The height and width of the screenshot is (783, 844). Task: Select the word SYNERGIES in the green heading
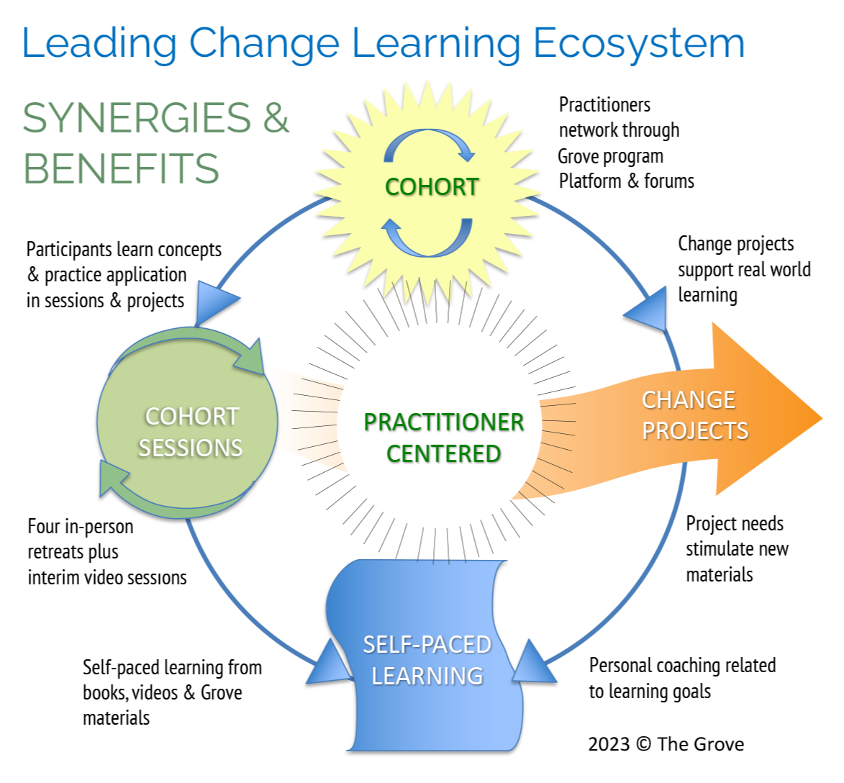click(x=137, y=118)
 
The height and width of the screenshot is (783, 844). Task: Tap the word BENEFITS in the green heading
click(x=121, y=168)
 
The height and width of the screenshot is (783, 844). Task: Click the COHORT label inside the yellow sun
click(x=432, y=187)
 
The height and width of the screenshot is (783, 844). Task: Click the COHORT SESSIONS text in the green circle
click(x=191, y=432)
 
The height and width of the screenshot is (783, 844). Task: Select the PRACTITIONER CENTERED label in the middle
click(x=444, y=438)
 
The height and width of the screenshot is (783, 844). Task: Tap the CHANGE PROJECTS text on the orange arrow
click(x=694, y=415)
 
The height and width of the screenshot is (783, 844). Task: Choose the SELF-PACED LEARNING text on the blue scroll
click(x=427, y=660)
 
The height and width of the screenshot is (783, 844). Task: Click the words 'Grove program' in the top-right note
click(x=610, y=156)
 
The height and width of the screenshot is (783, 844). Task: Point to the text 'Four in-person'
click(x=81, y=527)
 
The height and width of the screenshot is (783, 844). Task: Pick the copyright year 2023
click(x=609, y=744)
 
